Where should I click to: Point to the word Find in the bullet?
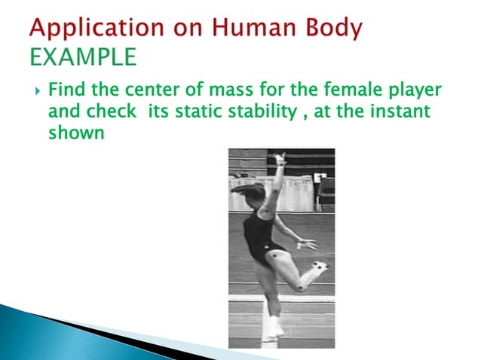coord(66,92)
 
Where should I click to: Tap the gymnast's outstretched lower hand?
coord(307,243)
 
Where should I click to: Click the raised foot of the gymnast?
coord(321,267)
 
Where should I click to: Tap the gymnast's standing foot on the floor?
coord(272,331)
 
